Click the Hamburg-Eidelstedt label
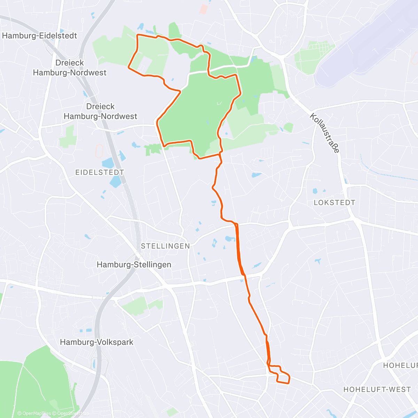click(39, 36)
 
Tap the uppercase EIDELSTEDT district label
click(100, 172)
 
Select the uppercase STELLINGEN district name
click(165, 246)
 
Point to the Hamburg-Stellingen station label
click(134, 265)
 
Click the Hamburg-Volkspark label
click(96, 342)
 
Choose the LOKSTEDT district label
click(334, 203)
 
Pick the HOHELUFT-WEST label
click(377, 389)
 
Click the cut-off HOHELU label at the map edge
click(400, 365)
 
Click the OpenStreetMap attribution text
click(73, 413)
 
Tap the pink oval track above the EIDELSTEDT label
click(99, 150)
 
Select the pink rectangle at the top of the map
click(203, 9)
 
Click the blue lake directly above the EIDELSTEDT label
click(108, 163)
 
